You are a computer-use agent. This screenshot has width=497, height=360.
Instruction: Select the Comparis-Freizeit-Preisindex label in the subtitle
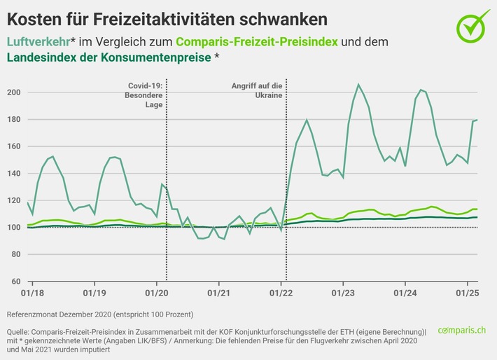coord(256,42)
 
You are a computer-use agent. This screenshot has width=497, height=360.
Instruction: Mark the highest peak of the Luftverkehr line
coord(359,85)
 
